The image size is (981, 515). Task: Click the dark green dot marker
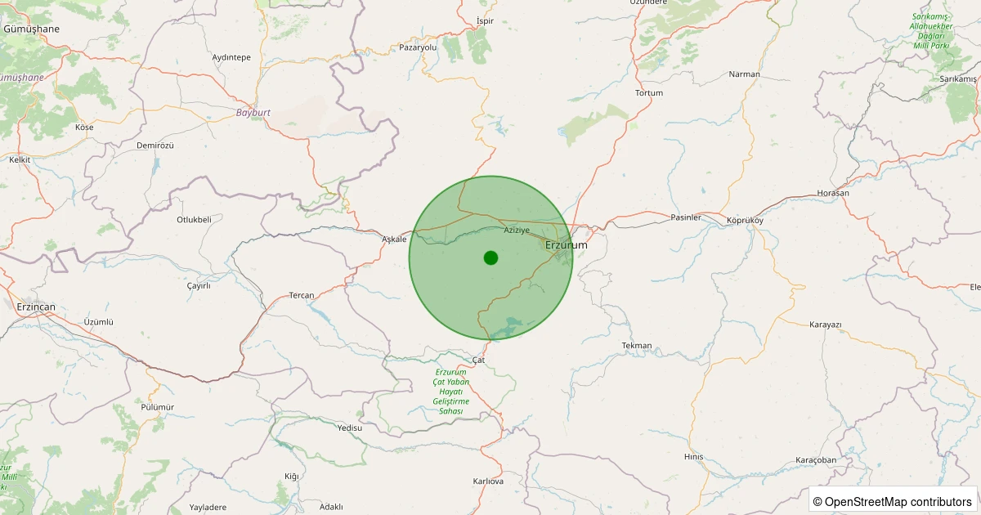point(490,257)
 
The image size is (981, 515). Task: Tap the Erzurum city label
point(566,244)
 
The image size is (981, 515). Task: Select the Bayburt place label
point(253,112)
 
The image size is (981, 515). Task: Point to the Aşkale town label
point(394,239)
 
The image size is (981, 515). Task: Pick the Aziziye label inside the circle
point(517,230)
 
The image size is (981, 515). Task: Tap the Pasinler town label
point(686,217)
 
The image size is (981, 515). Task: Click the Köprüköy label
point(744,221)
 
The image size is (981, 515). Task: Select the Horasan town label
point(833,193)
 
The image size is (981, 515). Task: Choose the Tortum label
point(649,92)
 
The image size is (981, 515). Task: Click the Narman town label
point(744,74)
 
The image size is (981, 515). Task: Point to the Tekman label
point(637,345)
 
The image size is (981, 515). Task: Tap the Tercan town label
point(302,295)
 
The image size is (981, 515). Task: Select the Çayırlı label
point(199,285)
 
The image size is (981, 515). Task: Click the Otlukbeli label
point(194,219)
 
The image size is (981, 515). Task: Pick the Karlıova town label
point(488,481)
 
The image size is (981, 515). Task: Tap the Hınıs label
point(693,456)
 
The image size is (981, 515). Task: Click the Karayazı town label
point(825,325)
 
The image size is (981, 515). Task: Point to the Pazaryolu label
point(419,47)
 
